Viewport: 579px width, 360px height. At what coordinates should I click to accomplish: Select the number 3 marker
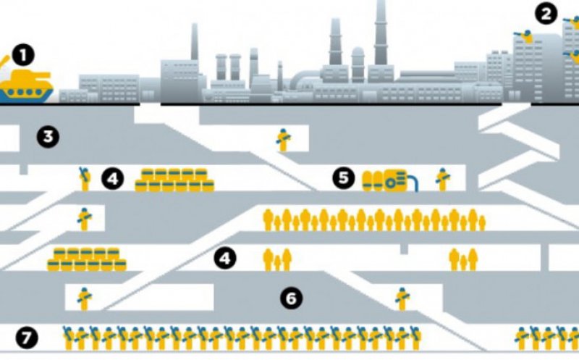tap(48, 136)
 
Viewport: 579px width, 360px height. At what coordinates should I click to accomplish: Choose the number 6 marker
tap(291, 298)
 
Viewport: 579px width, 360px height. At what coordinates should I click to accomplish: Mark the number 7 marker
tap(27, 337)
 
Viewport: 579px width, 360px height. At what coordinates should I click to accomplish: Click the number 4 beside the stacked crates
tap(113, 178)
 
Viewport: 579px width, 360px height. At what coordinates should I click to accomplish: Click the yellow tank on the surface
tap(27, 85)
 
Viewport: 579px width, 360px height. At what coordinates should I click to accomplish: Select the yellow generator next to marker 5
tap(389, 180)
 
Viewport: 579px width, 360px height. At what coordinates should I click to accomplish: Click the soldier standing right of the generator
tap(442, 179)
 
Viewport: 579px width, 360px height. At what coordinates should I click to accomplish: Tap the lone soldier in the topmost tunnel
tap(283, 139)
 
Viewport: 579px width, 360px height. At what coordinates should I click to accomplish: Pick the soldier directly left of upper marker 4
tap(85, 178)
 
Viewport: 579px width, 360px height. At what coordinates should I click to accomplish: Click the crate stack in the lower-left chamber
tap(87, 259)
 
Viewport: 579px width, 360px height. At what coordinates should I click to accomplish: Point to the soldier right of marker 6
tap(402, 298)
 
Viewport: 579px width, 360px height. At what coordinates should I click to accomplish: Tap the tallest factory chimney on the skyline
tap(380, 33)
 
